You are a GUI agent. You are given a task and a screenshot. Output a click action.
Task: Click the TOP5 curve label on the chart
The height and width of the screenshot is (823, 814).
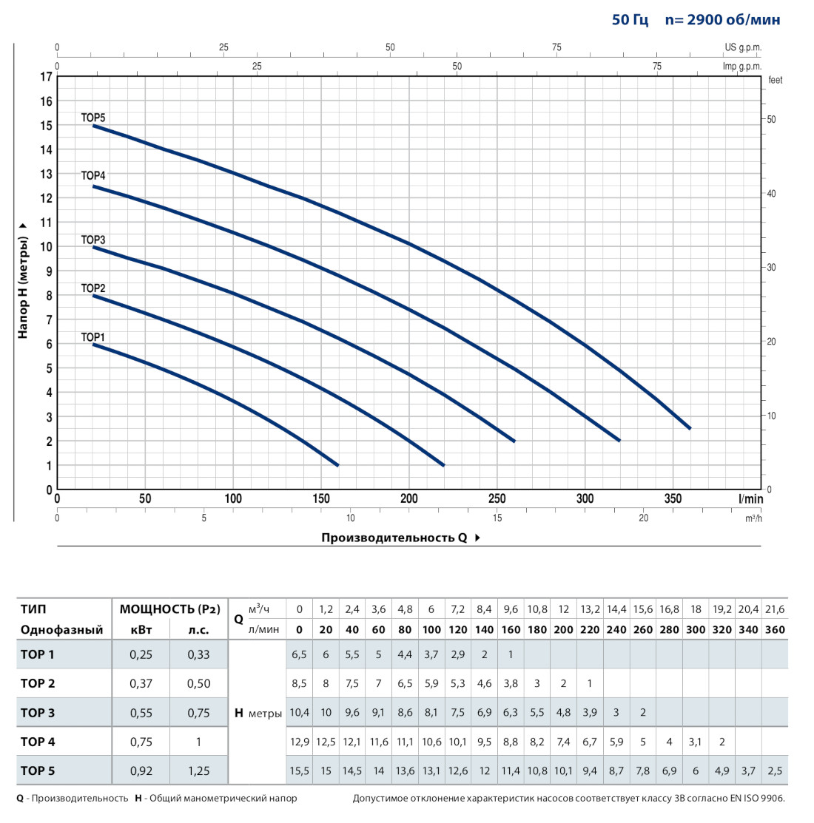click(x=93, y=118)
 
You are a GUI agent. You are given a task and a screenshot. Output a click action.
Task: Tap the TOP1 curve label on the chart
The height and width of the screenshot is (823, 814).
click(x=93, y=337)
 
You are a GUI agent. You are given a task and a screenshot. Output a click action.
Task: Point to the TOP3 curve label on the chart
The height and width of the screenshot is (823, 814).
click(x=93, y=240)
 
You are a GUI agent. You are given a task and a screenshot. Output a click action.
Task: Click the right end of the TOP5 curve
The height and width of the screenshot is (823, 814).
click(x=690, y=428)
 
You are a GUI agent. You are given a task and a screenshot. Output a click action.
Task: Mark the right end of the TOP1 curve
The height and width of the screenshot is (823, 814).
click(x=337, y=465)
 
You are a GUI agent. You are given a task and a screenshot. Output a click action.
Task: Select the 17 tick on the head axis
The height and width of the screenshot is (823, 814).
click(x=47, y=77)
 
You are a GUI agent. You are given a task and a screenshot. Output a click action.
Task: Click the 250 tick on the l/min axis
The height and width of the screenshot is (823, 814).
click(x=497, y=499)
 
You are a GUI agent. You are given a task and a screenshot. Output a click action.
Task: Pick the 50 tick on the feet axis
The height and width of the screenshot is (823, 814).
click(x=771, y=120)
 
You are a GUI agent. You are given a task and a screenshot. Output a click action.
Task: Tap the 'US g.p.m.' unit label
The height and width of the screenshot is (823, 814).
click(x=742, y=47)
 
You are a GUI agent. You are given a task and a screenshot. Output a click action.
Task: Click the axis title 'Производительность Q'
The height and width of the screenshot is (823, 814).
click(x=394, y=538)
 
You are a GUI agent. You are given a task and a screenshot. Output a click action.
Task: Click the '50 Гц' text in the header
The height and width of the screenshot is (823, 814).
click(x=630, y=20)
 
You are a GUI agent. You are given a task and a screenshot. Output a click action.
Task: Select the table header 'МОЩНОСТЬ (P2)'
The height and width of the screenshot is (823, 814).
click(x=170, y=609)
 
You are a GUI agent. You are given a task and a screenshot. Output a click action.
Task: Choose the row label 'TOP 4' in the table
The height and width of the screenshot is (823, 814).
click(x=38, y=742)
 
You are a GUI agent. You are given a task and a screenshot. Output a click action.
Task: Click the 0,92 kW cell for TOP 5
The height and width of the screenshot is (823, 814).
click(x=141, y=770)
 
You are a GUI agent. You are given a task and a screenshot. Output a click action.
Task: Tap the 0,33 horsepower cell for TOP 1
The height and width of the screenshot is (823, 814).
click(x=198, y=654)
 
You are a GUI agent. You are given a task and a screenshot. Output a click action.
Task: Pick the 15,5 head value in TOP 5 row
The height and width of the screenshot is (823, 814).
click(x=300, y=770)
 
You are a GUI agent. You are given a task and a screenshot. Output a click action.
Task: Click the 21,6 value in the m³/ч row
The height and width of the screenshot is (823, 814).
click(x=775, y=609)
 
